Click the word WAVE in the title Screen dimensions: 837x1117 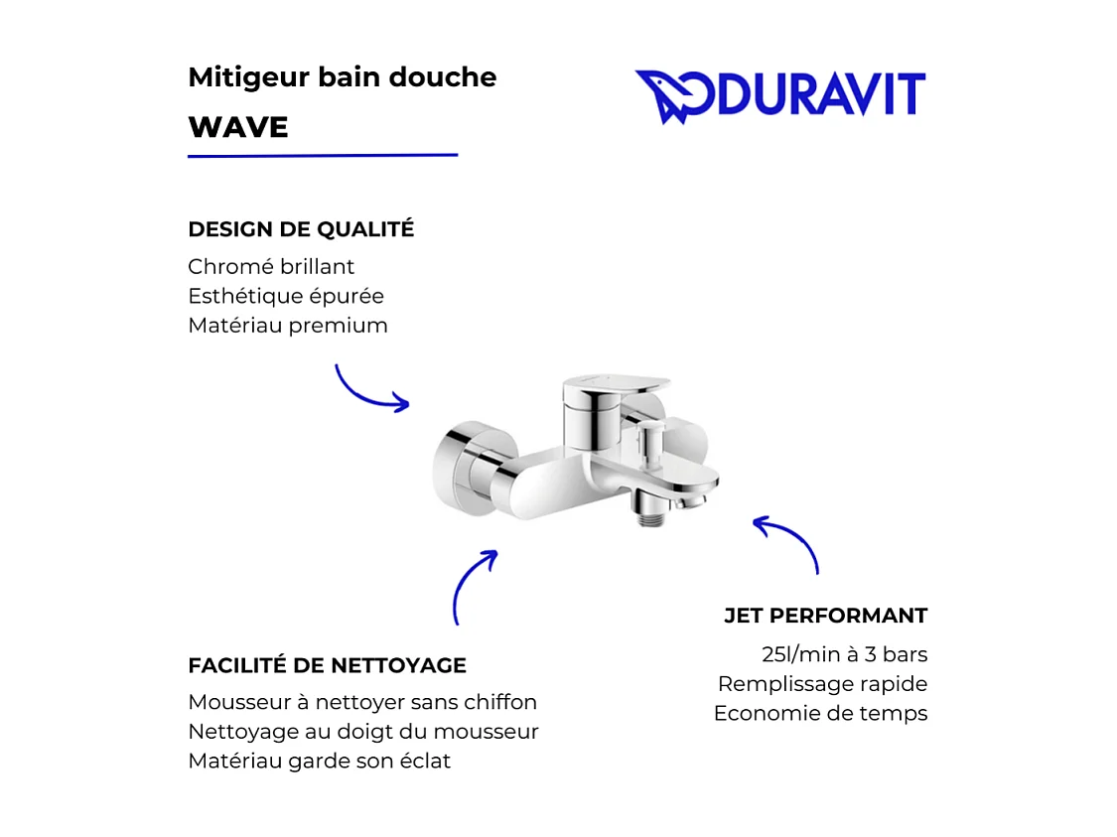pyautogui.click(x=238, y=127)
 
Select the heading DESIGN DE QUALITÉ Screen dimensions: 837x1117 pyautogui.click(x=301, y=229)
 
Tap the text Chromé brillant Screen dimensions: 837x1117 pyautogui.click(x=271, y=267)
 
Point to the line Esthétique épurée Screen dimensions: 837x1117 pyautogui.click(x=286, y=296)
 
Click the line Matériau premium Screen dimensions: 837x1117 pyautogui.click(x=288, y=326)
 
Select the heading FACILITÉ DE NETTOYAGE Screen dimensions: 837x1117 pyautogui.click(x=327, y=665)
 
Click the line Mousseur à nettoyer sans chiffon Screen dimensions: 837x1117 pyautogui.click(x=362, y=703)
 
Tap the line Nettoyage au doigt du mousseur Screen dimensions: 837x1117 pyautogui.click(x=363, y=732)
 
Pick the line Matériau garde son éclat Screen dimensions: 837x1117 pyautogui.click(x=319, y=762)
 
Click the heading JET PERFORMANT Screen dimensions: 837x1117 pyautogui.click(x=825, y=616)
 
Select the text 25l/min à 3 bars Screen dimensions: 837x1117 pyautogui.click(x=844, y=655)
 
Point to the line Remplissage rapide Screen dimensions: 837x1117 pyautogui.click(x=822, y=684)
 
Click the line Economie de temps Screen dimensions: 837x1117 pyautogui.click(x=820, y=714)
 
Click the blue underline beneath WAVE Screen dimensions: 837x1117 pyautogui.click(x=323, y=156)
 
